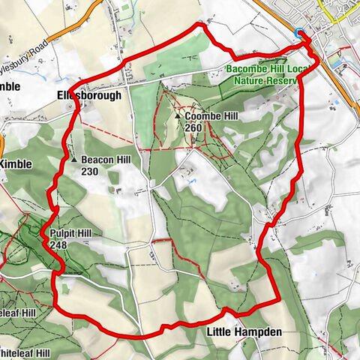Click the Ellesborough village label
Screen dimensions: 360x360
click(88, 95)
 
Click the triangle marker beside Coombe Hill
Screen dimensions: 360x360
click(178, 117)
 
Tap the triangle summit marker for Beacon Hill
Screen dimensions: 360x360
click(75, 160)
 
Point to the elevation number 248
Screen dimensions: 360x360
click(59, 244)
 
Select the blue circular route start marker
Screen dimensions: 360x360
click(301, 33)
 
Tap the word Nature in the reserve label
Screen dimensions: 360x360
click(248, 79)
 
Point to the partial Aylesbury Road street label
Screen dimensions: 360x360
click(22, 53)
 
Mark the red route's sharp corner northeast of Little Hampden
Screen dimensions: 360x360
click(279, 299)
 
